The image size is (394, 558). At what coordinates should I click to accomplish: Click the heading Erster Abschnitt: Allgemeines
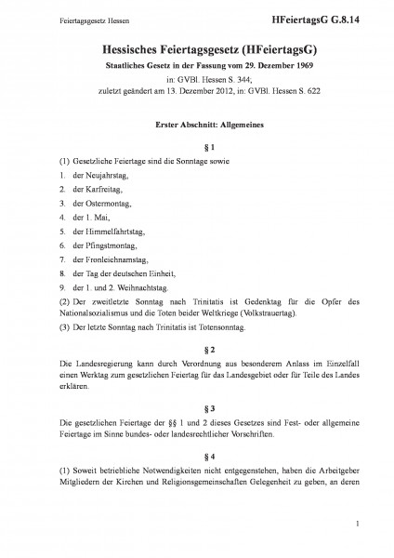pos(196,124)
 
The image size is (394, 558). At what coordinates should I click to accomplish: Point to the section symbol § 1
pos(197,148)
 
